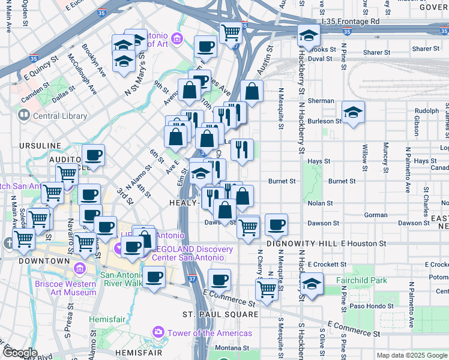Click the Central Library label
coord(59,116)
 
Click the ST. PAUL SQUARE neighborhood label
coord(221,314)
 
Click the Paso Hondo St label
coord(373,305)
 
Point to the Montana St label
coord(232,348)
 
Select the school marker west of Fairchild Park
coord(312,284)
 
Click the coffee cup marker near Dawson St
coord(276,225)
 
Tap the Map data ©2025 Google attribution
coord(412,355)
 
